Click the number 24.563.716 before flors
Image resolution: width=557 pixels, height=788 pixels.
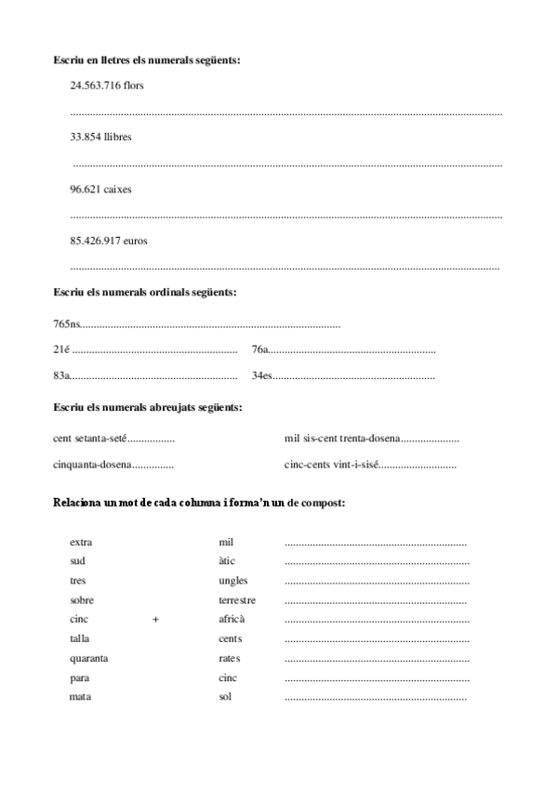click(x=96, y=85)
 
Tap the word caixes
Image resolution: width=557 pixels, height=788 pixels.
click(x=117, y=189)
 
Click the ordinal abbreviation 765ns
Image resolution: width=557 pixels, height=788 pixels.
click(x=68, y=324)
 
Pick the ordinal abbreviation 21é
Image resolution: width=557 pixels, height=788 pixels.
click(x=61, y=350)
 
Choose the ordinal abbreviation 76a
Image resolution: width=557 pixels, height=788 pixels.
click(x=259, y=350)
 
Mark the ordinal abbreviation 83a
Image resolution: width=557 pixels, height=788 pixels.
click(x=62, y=376)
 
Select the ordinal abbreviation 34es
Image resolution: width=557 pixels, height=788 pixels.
click(x=261, y=376)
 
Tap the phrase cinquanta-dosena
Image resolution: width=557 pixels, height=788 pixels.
click(x=91, y=464)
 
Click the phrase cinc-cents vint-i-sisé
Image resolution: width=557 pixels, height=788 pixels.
click(x=331, y=464)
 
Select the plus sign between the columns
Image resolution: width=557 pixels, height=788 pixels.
click(x=155, y=620)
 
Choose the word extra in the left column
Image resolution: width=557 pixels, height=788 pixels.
click(x=81, y=543)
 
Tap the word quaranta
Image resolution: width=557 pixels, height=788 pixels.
click(x=88, y=659)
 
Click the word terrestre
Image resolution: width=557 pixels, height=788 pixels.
click(x=237, y=600)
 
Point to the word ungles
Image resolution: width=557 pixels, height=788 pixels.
click(x=232, y=581)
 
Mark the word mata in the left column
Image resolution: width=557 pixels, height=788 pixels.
click(x=80, y=697)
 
